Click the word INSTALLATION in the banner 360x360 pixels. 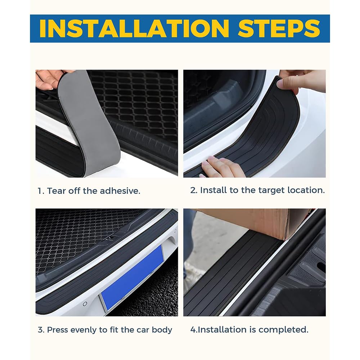pos(134,28)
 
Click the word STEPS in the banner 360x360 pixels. pos(279,28)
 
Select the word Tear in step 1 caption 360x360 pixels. pos(54,191)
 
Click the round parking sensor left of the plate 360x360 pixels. pos(85,304)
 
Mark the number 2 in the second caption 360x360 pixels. pos(192,190)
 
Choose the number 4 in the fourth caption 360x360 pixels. pos(193,330)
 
